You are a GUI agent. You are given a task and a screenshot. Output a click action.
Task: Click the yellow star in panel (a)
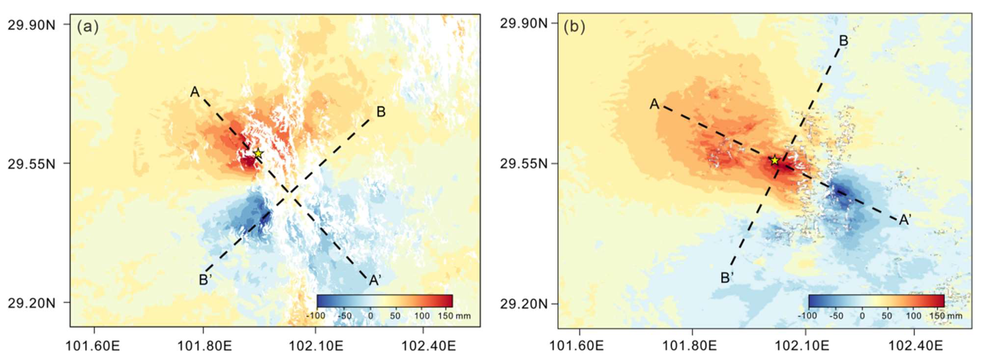pos(258,154)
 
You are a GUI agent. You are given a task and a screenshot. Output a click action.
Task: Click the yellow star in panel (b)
pos(774,160)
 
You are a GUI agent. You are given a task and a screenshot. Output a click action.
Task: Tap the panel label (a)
pos(88,27)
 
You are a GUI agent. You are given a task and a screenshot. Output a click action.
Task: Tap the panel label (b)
pos(574,27)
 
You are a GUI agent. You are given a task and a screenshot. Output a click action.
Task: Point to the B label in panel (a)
pos(381,112)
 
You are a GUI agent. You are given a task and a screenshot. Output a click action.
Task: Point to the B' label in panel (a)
pos(205,280)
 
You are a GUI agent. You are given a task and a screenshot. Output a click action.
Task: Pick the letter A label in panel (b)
pos(654,104)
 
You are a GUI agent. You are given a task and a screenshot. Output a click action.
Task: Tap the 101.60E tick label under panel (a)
pos(93,346)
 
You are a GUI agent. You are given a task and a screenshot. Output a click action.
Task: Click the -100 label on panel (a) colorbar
pos(316,316)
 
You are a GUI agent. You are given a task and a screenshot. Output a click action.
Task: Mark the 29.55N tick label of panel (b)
pos(523,164)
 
